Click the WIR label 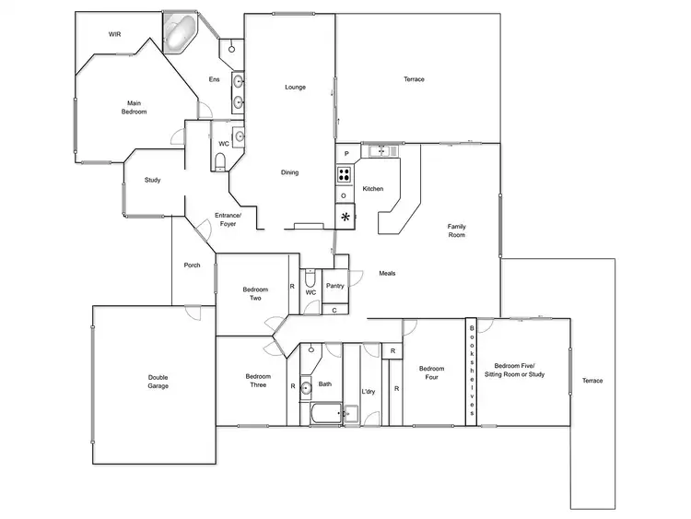pos(114,34)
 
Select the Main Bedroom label pos(135,107)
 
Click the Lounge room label pos(295,88)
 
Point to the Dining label pos(290,172)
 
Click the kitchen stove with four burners pos(345,174)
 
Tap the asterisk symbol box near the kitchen pos(345,218)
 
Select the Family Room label pos(456,230)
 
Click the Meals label pos(387,273)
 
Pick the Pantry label pos(335,286)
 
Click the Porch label pos(192,265)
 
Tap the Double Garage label pos(158,381)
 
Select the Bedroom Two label pos(255,295)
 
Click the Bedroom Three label pos(258,380)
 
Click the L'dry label pos(369,392)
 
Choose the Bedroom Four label pos(432,373)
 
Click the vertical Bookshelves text pos(472,370)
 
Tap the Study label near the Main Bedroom pos(152,180)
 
